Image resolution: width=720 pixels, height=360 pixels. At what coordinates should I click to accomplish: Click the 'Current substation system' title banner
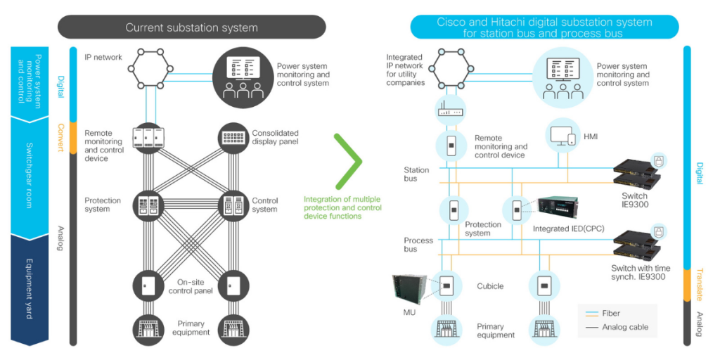coord(191,27)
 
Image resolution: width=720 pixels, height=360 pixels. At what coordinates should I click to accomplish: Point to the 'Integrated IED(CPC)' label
coord(568,229)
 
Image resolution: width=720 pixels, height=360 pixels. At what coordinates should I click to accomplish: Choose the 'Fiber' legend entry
coord(611,314)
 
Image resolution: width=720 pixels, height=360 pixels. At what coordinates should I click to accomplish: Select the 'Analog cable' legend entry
coord(625,327)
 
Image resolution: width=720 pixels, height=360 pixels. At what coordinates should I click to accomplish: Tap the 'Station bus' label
coord(416,174)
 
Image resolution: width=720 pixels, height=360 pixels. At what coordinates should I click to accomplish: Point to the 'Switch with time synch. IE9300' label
coord(641,272)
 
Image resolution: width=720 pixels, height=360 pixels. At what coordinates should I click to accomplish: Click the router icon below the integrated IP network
coord(451,107)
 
